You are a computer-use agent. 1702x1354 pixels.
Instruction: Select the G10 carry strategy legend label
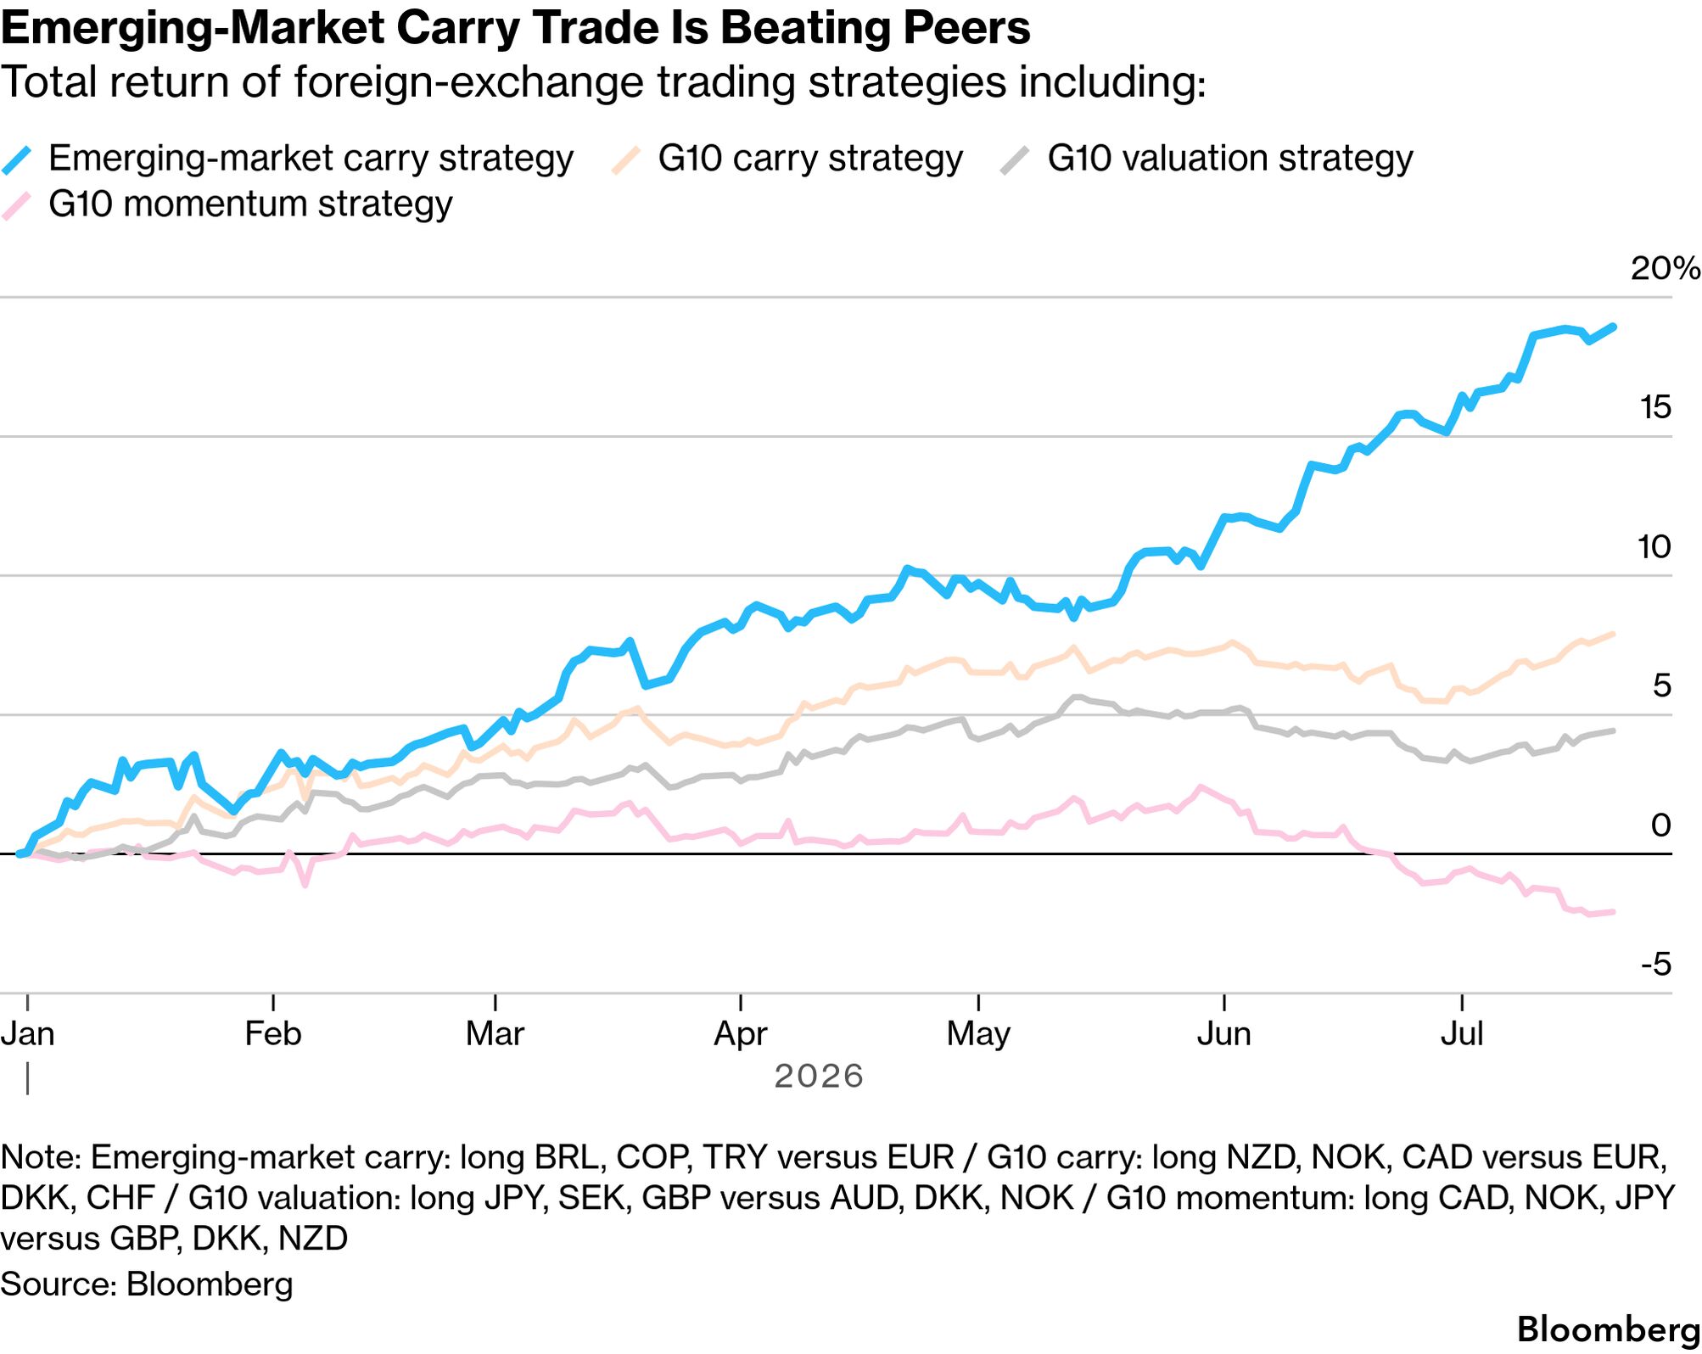coord(810,159)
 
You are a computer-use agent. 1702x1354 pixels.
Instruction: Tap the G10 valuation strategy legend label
coord(1230,159)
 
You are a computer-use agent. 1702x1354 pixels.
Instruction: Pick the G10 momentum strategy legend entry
coord(250,204)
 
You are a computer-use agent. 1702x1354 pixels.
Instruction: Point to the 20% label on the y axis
coord(1665,268)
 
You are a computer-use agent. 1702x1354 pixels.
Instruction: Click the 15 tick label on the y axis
coord(1655,407)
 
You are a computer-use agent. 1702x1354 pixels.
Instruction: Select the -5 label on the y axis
coord(1655,965)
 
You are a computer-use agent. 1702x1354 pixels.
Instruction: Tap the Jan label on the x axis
coord(28,1034)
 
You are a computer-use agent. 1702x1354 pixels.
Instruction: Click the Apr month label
coord(741,1035)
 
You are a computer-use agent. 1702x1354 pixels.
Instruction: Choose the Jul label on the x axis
coord(1462,1034)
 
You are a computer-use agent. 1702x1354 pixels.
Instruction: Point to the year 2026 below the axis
coord(819,1077)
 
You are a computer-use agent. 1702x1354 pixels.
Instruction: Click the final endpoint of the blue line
coord(1613,327)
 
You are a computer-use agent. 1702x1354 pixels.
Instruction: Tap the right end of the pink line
coord(1613,912)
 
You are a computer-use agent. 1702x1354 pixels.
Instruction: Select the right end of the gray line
coord(1613,730)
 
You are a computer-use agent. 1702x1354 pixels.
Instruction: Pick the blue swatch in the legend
coord(17,159)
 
